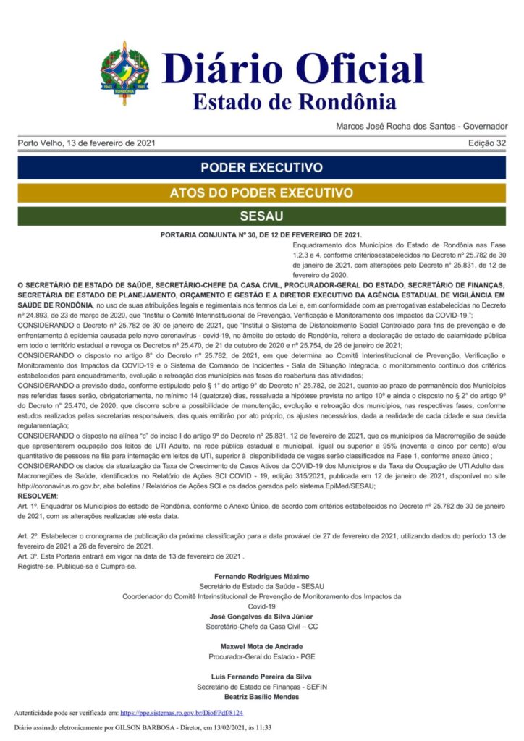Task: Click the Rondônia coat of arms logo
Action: [x=124, y=74]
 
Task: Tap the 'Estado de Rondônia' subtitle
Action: [x=294, y=101]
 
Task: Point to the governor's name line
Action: [x=421, y=127]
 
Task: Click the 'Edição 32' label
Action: [x=487, y=143]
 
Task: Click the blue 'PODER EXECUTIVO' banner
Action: [x=262, y=168]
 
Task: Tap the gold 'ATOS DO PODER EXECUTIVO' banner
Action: [x=262, y=193]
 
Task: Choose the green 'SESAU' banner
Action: [x=262, y=216]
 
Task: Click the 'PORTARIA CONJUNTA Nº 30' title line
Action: [x=261, y=236]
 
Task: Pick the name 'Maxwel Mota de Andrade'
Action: [x=262, y=645]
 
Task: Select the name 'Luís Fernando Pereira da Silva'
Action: [x=262, y=676]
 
